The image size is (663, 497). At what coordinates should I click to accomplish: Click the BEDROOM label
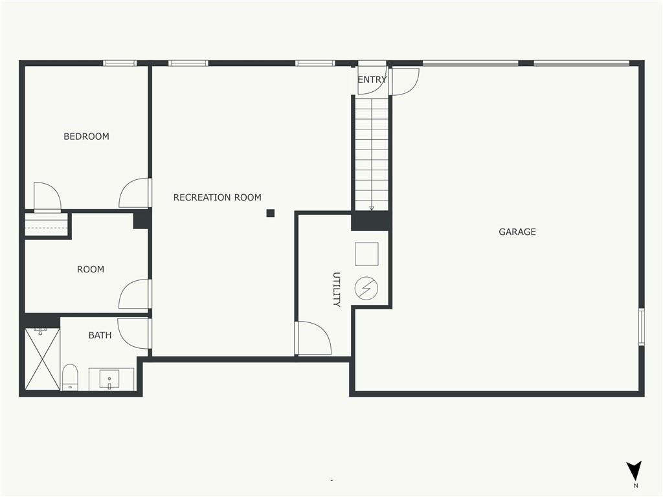click(86, 137)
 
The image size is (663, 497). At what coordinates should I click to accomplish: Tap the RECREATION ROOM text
click(218, 197)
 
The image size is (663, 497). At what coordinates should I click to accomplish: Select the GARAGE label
click(517, 232)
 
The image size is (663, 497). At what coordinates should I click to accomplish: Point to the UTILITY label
click(337, 289)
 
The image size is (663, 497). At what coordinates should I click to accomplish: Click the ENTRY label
click(372, 80)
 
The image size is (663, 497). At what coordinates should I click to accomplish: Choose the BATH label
click(100, 335)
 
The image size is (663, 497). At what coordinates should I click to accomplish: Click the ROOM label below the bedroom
click(91, 269)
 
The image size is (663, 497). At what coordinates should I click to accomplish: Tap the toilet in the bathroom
click(70, 377)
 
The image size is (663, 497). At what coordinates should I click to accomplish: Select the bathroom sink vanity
click(111, 379)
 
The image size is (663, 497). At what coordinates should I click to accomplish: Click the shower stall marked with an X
click(42, 359)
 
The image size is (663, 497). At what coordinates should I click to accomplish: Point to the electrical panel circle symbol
click(366, 289)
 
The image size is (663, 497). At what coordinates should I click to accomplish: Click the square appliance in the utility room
click(366, 254)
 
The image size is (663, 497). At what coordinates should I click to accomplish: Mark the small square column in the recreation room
click(271, 213)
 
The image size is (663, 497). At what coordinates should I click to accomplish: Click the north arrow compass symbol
click(635, 470)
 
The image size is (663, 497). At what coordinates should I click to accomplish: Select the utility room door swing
click(313, 338)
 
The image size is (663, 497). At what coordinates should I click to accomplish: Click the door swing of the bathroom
click(133, 333)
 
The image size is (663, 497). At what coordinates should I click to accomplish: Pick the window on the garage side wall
click(642, 327)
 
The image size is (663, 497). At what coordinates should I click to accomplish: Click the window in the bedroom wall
click(120, 63)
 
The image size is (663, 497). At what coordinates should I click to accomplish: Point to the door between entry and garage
click(404, 82)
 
